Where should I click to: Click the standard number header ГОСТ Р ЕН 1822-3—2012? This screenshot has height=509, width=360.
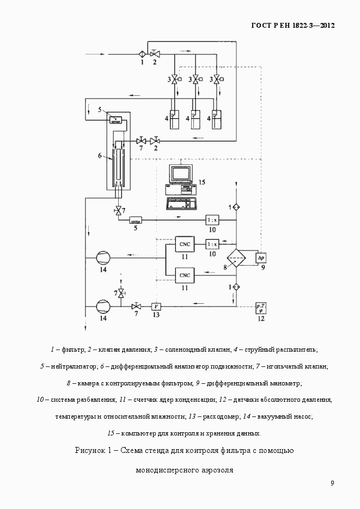[292, 26]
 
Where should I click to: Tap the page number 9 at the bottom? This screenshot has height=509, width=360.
[332, 483]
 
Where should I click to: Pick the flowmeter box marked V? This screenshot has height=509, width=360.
[156, 306]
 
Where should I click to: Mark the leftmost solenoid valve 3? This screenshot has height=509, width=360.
[174, 79]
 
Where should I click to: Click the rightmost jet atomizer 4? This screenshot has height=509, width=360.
[216, 119]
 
